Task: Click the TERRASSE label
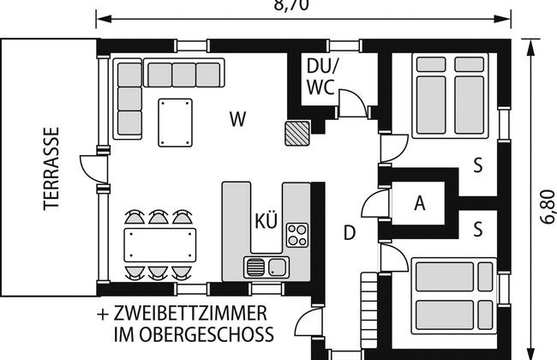[51, 169]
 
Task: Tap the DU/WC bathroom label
[322, 76]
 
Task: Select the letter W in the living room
[237, 119]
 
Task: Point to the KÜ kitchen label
[266, 220]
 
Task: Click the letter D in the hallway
[350, 233]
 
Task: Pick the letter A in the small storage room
[420, 203]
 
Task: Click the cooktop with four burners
[297, 235]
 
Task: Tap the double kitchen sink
[267, 267]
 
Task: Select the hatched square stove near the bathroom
[297, 133]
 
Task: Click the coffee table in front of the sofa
[175, 123]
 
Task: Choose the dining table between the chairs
[160, 245]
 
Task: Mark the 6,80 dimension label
[548, 207]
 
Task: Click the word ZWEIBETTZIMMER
[190, 314]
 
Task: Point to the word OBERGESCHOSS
[207, 334]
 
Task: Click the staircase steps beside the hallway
[369, 310]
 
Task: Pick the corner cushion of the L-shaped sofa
[129, 75]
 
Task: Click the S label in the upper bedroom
[478, 165]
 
